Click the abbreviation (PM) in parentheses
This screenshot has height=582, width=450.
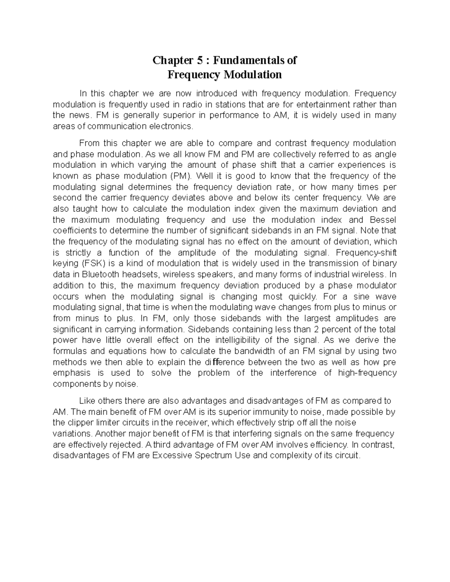[180, 176]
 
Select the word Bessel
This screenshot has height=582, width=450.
[383, 220]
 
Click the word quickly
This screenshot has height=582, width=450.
[301, 296]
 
